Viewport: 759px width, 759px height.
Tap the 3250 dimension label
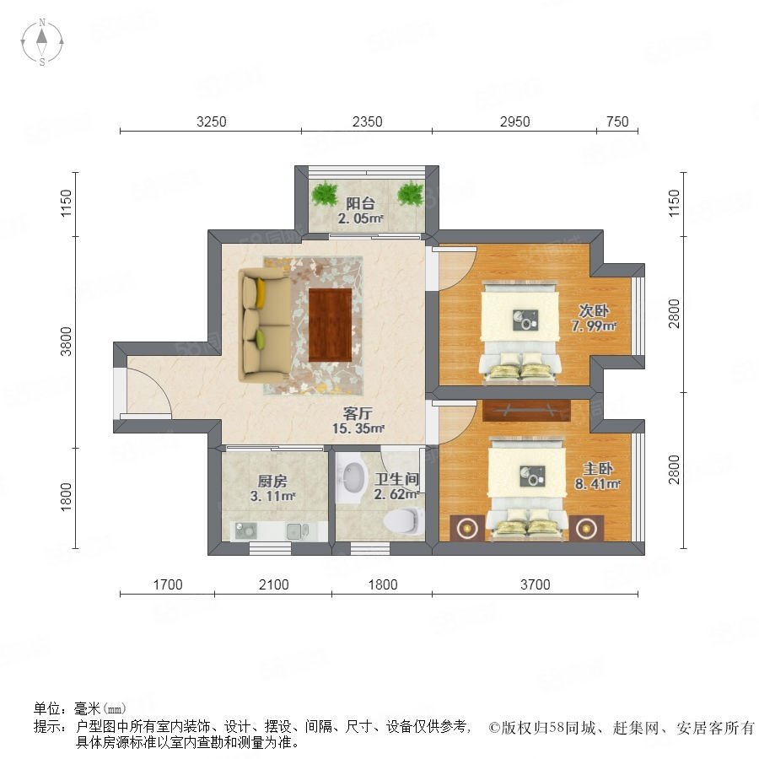pyautogui.click(x=211, y=121)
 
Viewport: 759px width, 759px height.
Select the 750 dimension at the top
pyautogui.click(x=617, y=121)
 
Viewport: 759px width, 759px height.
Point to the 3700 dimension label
pyautogui.click(x=535, y=584)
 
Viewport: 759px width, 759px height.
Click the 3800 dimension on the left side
pyautogui.click(x=66, y=342)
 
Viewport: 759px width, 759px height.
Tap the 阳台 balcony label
pyautogui.click(x=360, y=203)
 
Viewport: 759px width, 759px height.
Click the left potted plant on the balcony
pyautogui.click(x=325, y=194)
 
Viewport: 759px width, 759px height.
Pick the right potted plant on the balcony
pyautogui.click(x=411, y=194)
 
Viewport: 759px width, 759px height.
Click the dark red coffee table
pyautogui.click(x=330, y=325)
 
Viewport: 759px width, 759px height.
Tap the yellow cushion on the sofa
pyautogui.click(x=261, y=293)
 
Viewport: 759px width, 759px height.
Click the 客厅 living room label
pyautogui.click(x=358, y=413)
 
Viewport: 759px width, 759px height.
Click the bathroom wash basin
pyautogui.click(x=352, y=476)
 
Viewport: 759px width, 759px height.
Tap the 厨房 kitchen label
pyautogui.click(x=272, y=482)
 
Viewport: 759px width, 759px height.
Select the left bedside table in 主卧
pyautogui.click(x=467, y=528)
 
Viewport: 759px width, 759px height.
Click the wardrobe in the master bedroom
pyautogui.click(x=526, y=411)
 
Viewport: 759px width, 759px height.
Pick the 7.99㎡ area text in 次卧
pyautogui.click(x=594, y=326)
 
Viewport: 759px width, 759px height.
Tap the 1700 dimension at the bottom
pyautogui.click(x=168, y=584)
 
